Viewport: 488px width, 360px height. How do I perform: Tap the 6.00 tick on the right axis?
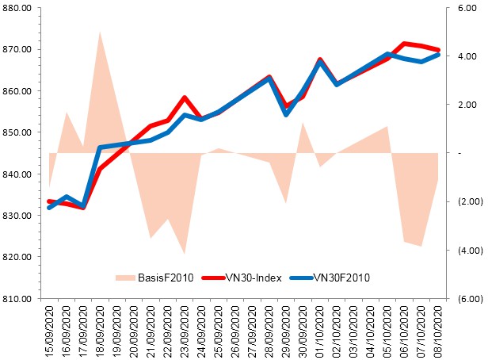click(x=465, y=8)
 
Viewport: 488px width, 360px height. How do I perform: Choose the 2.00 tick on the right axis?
click(x=465, y=105)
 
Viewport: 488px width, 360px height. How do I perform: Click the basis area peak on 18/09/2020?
click(x=100, y=31)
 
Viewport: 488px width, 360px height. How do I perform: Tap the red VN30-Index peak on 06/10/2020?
click(x=404, y=44)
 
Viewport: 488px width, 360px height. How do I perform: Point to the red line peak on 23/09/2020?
click(x=184, y=98)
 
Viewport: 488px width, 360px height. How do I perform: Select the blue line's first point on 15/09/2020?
click(x=49, y=207)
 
